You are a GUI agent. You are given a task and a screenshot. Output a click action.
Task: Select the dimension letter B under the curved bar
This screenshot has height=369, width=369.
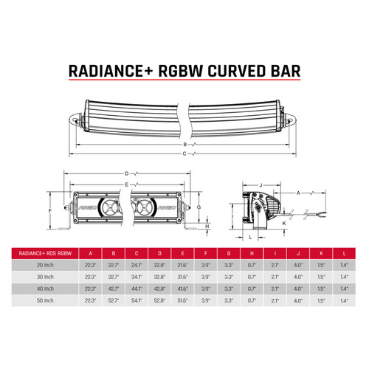pyautogui.click(x=184, y=145)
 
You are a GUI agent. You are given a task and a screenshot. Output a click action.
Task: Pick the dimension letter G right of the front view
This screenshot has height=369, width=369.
pyautogui.click(x=200, y=209)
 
